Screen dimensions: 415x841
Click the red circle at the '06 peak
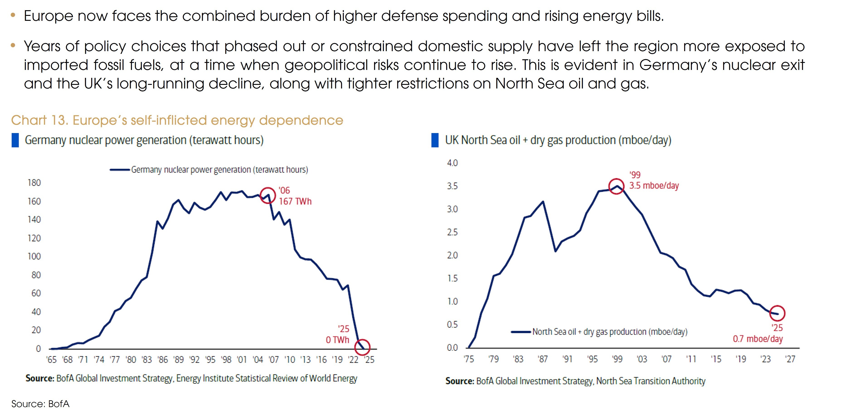pos(268,195)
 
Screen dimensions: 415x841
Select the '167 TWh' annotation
pos(295,201)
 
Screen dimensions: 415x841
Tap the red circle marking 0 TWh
pos(362,347)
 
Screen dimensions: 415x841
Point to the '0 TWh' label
pos(337,340)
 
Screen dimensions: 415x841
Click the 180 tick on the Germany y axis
pos(34,183)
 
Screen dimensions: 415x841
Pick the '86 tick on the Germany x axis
pos(162,360)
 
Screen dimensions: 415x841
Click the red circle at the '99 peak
pos(616,186)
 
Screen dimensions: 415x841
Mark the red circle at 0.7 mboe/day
pos(777,313)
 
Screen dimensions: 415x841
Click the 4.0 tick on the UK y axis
pos(452,163)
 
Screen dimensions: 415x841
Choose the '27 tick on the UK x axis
pos(790,359)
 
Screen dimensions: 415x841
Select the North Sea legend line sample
pos(521,332)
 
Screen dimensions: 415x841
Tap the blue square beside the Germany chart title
pos(15,140)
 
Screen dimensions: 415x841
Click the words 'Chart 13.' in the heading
pos(39,120)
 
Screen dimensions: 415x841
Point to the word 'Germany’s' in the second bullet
pos(678,65)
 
